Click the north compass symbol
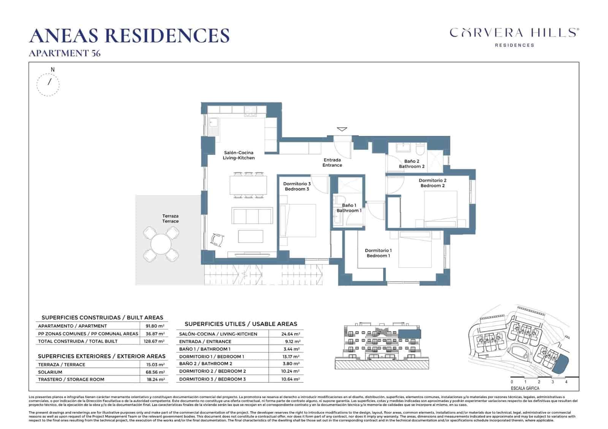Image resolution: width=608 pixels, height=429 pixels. [x=48, y=84]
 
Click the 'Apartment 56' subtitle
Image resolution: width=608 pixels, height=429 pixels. [x=65, y=54]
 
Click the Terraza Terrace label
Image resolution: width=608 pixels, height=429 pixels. [x=170, y=219]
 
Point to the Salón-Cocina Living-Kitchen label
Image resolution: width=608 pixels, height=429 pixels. [x=239, y=155]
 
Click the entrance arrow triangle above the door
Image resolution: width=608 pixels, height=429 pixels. [x=342, y=129]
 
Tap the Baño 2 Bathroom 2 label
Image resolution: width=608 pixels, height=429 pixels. [x=412, y=164]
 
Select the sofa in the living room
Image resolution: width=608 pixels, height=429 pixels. [x=253, y=216]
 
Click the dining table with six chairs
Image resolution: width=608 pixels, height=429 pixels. [x=248, y=185]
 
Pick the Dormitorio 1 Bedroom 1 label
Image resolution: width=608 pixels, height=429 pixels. [x=378, y=253]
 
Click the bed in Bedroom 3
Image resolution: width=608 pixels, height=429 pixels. [x=298, y=220]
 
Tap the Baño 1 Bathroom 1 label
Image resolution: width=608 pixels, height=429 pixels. [x=349, y=208]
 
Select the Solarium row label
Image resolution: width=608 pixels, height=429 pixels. [x=50, y=372]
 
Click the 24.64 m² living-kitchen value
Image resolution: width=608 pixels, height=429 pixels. [x=291, y=334]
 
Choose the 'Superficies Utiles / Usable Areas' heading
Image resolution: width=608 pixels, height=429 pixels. [x=241, y=324]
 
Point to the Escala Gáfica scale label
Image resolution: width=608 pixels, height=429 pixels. [x=525, y=388]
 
